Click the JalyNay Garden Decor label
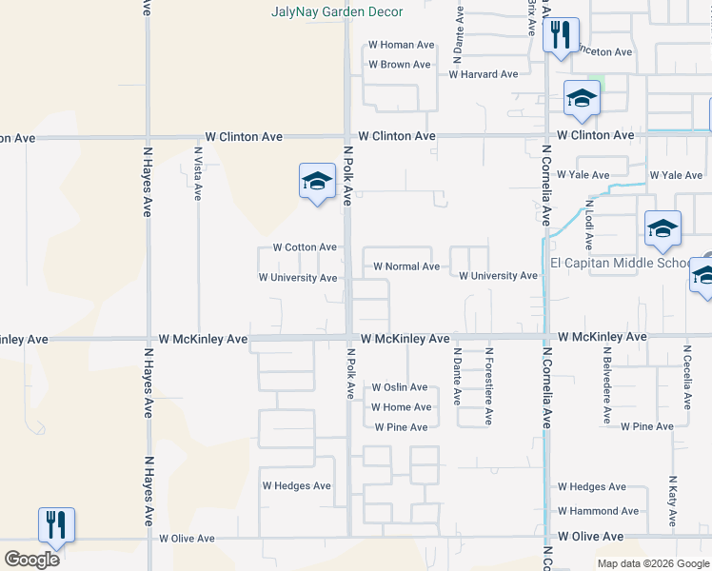[337, 12]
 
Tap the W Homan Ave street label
[401, 45]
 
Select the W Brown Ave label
[400, 65]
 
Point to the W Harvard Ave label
[484, 74]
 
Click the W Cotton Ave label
[305, 247]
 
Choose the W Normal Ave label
[406, 266]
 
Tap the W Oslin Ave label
[400, 387]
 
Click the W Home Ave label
[401, 407]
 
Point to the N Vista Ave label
[198, 172]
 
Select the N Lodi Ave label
[589, 219]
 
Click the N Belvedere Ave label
[605, 384]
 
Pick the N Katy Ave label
[672, 502]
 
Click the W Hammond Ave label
[599, 511]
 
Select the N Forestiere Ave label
[489, 384]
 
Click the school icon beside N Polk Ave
[317, 182]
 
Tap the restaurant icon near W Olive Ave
[56, 524]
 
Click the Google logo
[31, 559]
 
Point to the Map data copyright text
[653, 563]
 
